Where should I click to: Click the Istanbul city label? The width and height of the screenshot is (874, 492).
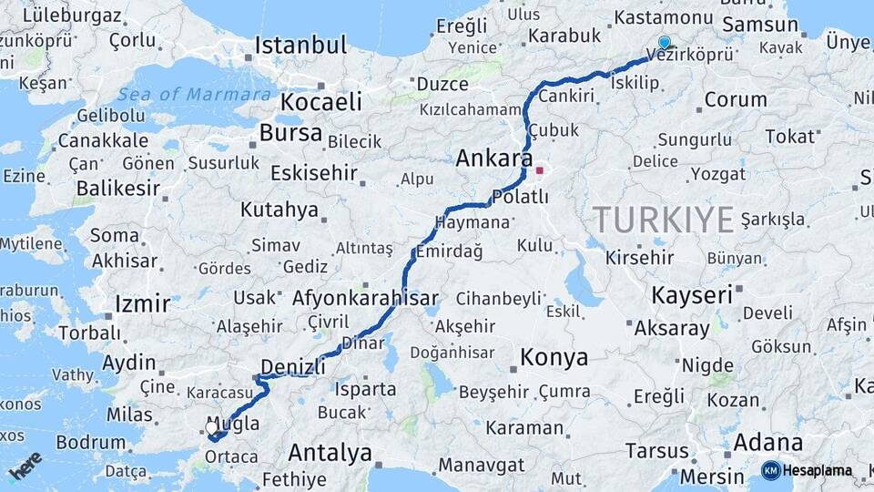(300, 46)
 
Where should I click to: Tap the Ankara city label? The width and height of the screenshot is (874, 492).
(493, 158)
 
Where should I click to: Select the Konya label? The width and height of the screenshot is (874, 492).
(554, 357)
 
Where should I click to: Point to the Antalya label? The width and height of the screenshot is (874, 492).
(330, 452)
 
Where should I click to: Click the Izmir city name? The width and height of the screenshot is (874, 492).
(143, 303)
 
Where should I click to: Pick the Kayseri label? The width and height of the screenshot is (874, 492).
(692, 294)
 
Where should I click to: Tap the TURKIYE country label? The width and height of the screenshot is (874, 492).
(663, 220)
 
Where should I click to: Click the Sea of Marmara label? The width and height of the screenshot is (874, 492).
(195, 94)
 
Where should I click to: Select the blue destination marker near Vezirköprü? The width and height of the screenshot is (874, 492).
(664, 42)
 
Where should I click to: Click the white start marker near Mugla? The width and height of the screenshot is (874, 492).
(211, 427)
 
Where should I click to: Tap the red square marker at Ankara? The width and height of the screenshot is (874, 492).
(539, 169)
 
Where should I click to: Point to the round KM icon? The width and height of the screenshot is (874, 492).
(770, 470)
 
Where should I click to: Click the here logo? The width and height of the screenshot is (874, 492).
(25, 465)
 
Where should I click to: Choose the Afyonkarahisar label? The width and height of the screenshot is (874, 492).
(365, 298)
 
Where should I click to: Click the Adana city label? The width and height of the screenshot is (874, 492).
(767, 443)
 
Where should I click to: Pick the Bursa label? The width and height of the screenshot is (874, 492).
(290, 133)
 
